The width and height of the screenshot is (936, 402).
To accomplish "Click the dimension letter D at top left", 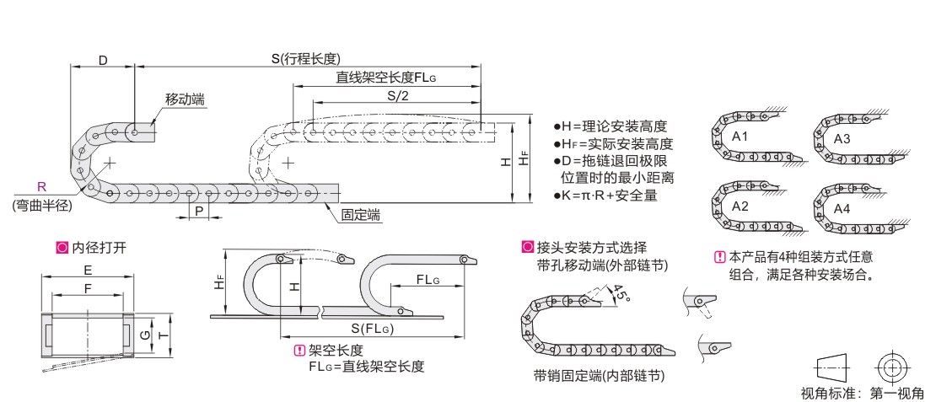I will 102,60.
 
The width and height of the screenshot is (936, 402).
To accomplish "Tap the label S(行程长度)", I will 304,59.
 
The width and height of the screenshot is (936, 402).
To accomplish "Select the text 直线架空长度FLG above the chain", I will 386,77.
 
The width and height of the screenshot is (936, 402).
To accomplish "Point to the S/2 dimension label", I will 397,96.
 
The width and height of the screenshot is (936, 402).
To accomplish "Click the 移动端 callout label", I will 185,99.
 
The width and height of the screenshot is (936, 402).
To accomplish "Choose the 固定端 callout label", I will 360,216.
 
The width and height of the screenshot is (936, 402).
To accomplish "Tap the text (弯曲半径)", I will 40,204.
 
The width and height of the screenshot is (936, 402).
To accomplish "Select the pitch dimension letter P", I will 199,210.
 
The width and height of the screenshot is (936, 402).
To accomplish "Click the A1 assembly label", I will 740,136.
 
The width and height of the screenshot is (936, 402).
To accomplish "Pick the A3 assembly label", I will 842,138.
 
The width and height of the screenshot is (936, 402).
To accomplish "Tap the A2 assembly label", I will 740,206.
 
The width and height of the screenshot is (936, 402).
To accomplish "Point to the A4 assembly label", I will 842,208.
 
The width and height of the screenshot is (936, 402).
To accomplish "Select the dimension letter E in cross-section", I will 89,271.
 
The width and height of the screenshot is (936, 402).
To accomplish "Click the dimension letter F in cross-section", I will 89,288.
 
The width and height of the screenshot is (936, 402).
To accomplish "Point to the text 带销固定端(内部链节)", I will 599,376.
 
